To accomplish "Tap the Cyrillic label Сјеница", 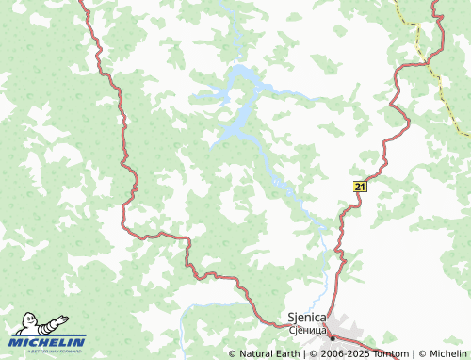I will (x=306, y=331).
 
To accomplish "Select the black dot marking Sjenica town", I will (x=332, y=336).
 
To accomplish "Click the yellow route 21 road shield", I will (x=360, y=187).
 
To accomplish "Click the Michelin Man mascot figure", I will (x=31, y=323).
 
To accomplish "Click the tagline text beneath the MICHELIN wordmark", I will (x=49, y=352).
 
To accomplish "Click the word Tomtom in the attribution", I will (x=386, y=354).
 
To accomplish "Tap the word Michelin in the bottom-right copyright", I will (x=447, y=354).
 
